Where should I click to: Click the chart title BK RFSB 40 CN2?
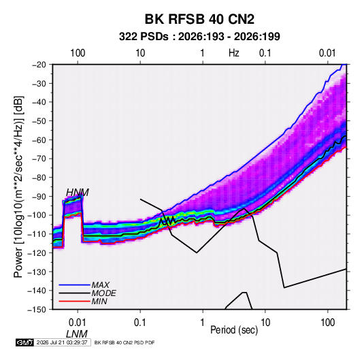[x=199, y=19]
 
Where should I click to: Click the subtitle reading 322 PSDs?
[x=144, y=37]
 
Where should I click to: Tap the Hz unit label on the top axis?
[x=234, y=53]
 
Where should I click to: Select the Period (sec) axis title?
[x=234, y=330]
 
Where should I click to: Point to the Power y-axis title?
[x=18, y=186]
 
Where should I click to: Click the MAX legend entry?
[x=100, y=285]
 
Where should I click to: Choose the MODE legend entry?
[x=104, y=293]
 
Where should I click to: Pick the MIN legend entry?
[x=99, y=301]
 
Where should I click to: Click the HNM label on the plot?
[x=78, y=193]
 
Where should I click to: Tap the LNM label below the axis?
[x=77, y=334]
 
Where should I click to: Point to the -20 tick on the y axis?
[x=39, y=65]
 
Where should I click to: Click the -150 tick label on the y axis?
[x=37, y=310]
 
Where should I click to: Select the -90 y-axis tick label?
[x=39, y=197]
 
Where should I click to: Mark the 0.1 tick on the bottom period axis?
[x=140, y=323]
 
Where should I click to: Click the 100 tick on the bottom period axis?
[x=328, y=323]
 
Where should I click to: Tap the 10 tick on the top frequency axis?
[x=140, y=53]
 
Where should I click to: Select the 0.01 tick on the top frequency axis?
[x=327, y=53]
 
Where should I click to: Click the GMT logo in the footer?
[x=25, y=342]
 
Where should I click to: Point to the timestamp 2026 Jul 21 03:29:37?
[x=62, y=342]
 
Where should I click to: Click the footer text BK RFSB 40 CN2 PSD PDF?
[x=125, y=342]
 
